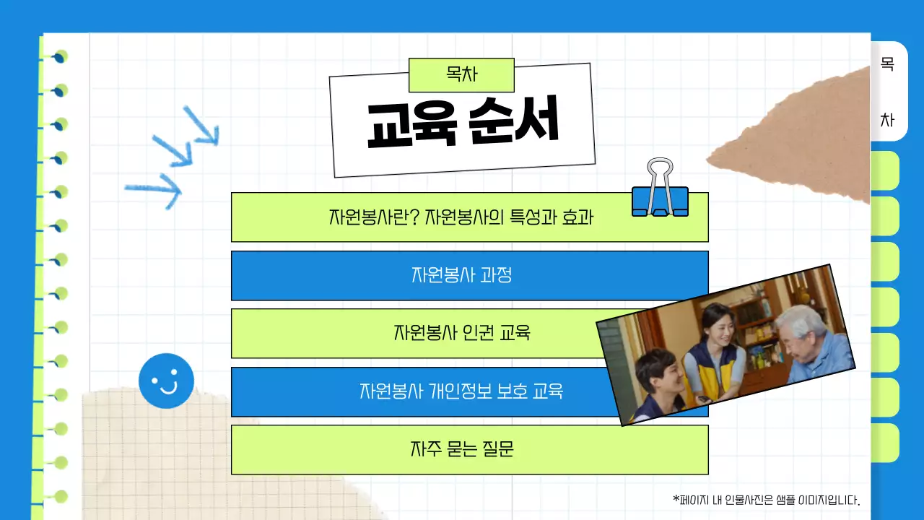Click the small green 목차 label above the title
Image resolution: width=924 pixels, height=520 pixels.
click(x=461, y=74)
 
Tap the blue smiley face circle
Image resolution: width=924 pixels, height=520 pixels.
click(x=166, y=381)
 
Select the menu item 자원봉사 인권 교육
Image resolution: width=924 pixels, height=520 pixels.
click(x=461, y=334)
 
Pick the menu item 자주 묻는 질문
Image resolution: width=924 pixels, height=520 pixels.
click(x=461, y=449)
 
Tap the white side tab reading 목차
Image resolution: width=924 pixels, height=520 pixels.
click(x=888, y=91)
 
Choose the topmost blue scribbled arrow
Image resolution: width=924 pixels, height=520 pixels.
click(x=201, y=127)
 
